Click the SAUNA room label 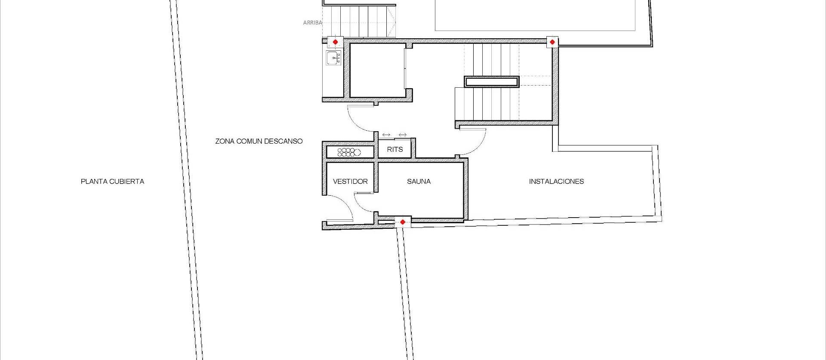click(419, 182)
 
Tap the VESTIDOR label click(350, 182)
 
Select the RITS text click(395, 149)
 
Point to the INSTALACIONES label click(556, 182)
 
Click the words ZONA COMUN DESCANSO click(259, 141)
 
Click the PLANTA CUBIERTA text click(112, 182)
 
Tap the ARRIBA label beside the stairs click(312, 23)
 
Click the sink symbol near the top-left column click(333, 58)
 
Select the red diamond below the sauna click(403, 222)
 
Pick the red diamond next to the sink click(336, 42)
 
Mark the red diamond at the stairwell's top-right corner click(552, 42)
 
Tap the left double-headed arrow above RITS click(386, 135)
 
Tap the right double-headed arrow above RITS click(402, 135)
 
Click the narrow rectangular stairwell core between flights click(492, 82)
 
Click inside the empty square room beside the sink click(377, 70)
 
